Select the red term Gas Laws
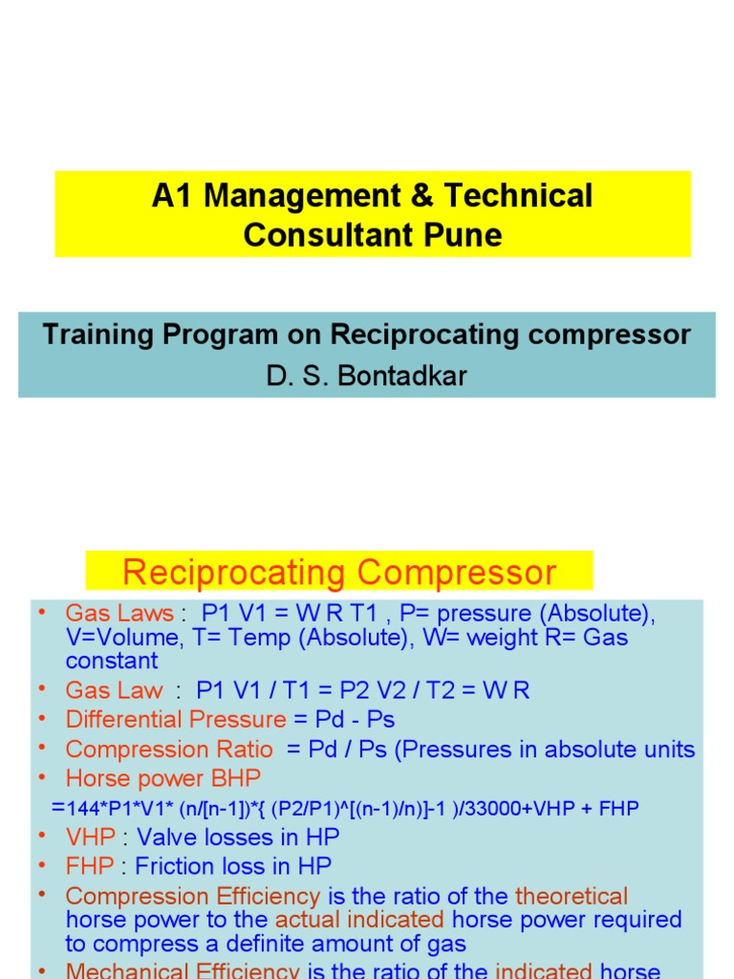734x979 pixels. click(x=119, y=613)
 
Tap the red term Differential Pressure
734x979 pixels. click(x=176, y=720)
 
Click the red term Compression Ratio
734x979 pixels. click(x=169, y=750)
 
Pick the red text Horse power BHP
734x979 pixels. click(x=162, y=778)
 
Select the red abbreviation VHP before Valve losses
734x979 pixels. click(x=90, y=838)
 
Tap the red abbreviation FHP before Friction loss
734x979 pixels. click(x=90, y=866)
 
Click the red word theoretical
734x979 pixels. click(x=572, y=897)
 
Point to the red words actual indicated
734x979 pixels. click(x=359, y=920)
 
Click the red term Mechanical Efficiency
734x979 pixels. click(x=183, y=970)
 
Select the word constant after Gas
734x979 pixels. click(x=112, y=661)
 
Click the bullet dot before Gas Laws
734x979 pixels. click(x=43, y=611)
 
